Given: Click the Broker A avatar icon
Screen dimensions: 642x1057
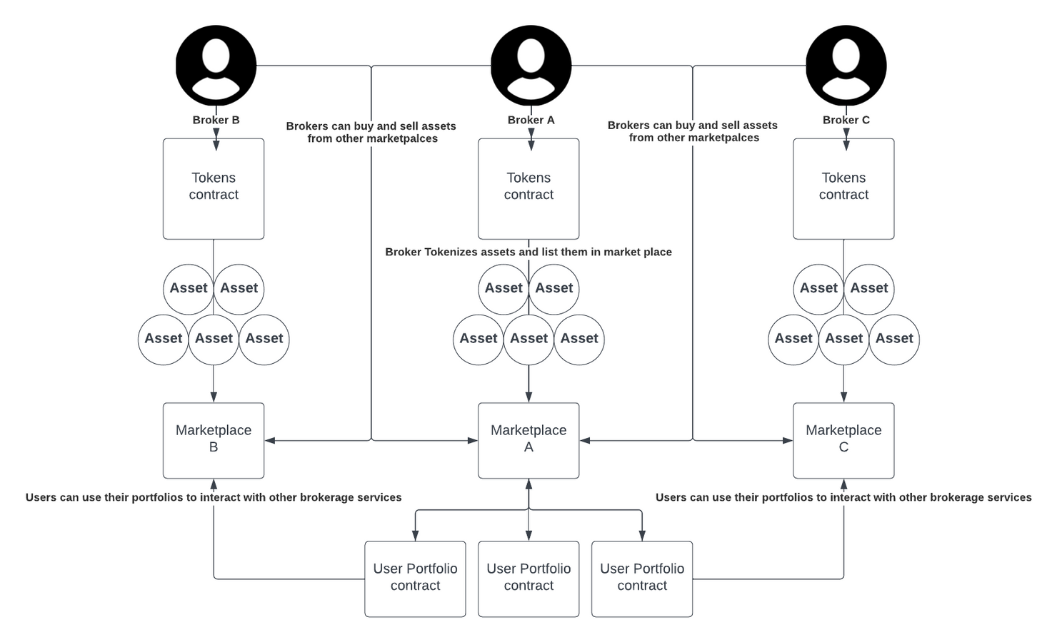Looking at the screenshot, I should tap(531, 66).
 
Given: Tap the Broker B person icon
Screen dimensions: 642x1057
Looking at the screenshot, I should tap(216, 66).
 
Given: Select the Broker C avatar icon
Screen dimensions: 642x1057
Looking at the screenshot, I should tap(846, 66).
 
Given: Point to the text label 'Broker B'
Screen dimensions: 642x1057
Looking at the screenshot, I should tap(216, 120).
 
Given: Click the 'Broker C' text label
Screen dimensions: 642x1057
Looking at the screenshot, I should tap(846, 120).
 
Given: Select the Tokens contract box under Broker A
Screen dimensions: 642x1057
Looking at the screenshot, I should tap(528, 189).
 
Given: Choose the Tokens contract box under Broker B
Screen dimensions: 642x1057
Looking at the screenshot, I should tap(214, 189).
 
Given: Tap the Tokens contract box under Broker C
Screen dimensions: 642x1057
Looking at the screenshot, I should tap(843, 189).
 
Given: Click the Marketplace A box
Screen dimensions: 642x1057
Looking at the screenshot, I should tap(528, 440).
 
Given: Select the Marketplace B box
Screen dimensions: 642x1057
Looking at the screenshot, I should tap(214, 440).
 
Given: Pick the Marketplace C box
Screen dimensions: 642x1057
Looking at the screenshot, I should tap(843, 440).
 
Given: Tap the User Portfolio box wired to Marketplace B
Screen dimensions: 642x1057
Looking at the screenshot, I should tap(415, 579).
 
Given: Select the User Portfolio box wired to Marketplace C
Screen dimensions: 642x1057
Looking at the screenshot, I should tap(641, 579).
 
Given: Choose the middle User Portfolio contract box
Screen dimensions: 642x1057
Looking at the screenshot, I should tap(528, 579).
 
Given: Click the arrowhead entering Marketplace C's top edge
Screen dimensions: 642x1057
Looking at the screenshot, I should tap(843, 397).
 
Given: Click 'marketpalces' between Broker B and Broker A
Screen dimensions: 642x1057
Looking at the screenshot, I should tap(404, 138).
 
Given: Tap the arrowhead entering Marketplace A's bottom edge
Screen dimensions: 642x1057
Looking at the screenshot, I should tap(528, 484).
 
